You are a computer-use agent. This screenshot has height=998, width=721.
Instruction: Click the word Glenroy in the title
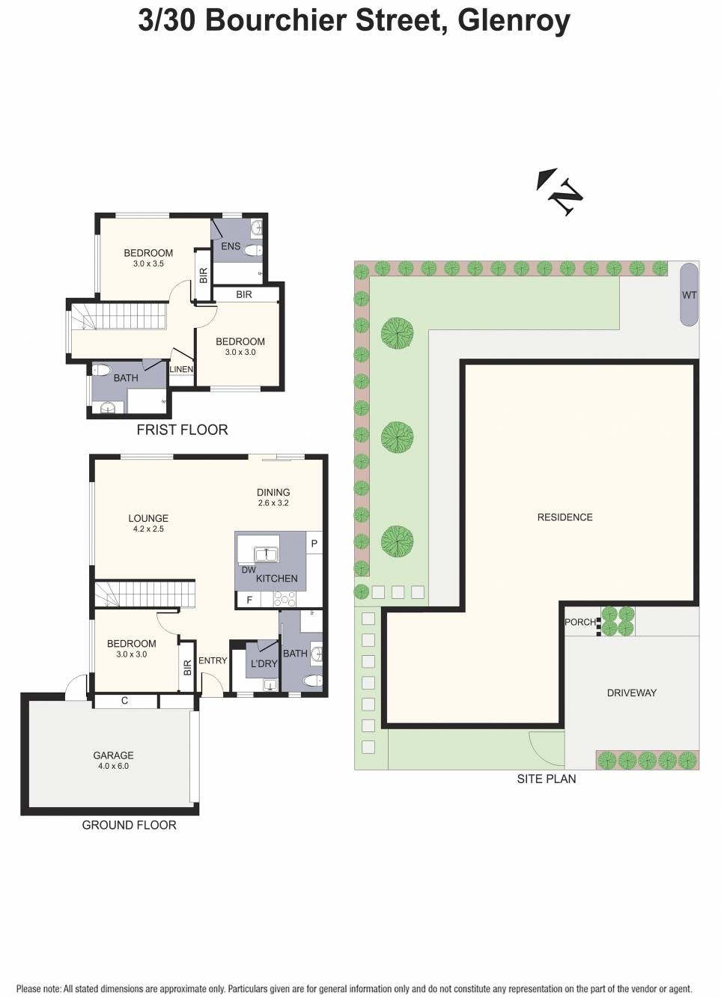pyautogui.click(x=514, y=20)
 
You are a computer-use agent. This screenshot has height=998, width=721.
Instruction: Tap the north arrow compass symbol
pyautogui.click(x=560, y=192)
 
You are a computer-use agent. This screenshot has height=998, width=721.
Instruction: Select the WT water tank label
pyautogui.click(x=689, y=295)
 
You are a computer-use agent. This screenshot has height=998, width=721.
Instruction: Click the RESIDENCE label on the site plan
pyautogui.click(x=565, y=517)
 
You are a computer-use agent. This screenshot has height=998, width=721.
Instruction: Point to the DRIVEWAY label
pyautogui.click(x=631, y=693)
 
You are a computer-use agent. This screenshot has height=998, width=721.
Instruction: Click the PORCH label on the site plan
pyautogui.click(x=579, y=622)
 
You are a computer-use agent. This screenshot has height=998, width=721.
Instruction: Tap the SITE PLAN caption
pyautogui.click(x=546, y=779)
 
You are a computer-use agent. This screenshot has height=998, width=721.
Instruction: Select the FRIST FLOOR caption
pyautogui.click(x=182, y=430)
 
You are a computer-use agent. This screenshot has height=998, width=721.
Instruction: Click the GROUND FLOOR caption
pyautogui.click(x=129, y=825)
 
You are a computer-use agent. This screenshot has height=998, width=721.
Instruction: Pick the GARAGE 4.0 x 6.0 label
pyautogui.click(x=113, y=760)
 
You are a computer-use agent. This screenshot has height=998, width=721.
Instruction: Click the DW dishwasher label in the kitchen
pyautogui.click(x=249, y=570)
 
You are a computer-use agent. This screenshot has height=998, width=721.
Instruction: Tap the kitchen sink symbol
pyautogui.click(x=265, y=555)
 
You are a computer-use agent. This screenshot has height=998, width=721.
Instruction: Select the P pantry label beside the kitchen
pyautogui.click(x=314, y=544)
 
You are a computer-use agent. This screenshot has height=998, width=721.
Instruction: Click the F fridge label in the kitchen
pyautogui.click(x=249, y=600)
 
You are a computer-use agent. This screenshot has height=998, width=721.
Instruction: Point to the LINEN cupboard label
pyautogui.click(x=181, y=369)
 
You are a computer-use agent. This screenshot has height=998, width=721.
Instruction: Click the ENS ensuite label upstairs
pyautogui.click(x=231, y=246)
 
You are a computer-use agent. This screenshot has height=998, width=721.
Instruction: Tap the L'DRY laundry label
pyautogui.click(x=264, y=664)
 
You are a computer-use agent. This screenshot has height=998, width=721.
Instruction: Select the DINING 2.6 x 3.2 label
pyautogui.click(x=273, y=497)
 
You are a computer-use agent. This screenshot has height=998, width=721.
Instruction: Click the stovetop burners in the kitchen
pyautogui.click(x=285, y=599)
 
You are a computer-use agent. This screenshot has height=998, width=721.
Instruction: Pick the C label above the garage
pyautogui.click(x=124, y=701)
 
